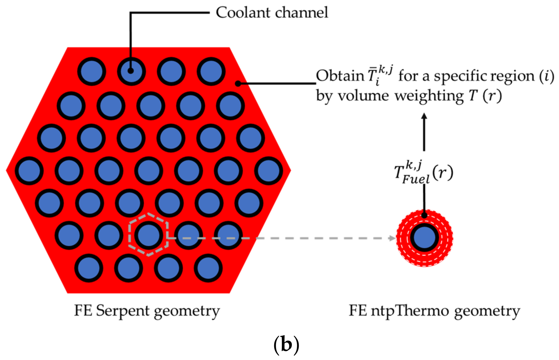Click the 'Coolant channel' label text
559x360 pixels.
[x=272, y=13]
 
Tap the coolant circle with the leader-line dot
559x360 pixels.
[x=131, y=71]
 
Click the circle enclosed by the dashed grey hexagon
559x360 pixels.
[x=148, y=235]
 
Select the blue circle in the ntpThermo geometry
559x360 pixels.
[x=425, y=238]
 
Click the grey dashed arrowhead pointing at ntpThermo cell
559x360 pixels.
[x=392, y=238]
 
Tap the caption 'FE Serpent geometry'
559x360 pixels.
[x=147, y=311]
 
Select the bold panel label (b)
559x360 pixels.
[x=286, y=345]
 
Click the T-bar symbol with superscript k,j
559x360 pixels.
[x=379, y=75]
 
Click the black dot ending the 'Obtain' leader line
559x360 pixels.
[x=238, y=83]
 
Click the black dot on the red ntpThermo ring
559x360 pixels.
[x=424, y=215]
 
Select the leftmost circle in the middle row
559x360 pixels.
[x=29, y=171]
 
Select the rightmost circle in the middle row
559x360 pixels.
[x=268, y=171]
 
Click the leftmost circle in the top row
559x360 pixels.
[x=92, y=71]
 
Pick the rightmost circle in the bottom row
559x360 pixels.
[x=208, y=268]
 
